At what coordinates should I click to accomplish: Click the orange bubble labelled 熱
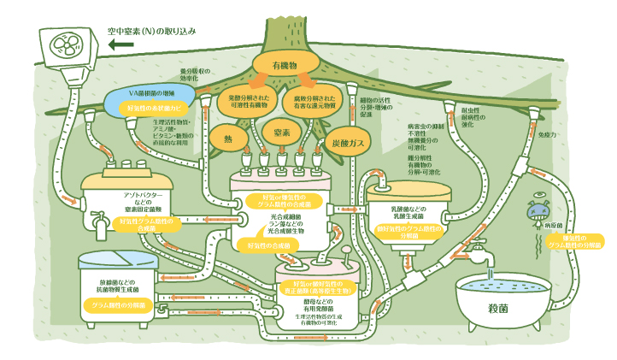pos(228,138)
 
